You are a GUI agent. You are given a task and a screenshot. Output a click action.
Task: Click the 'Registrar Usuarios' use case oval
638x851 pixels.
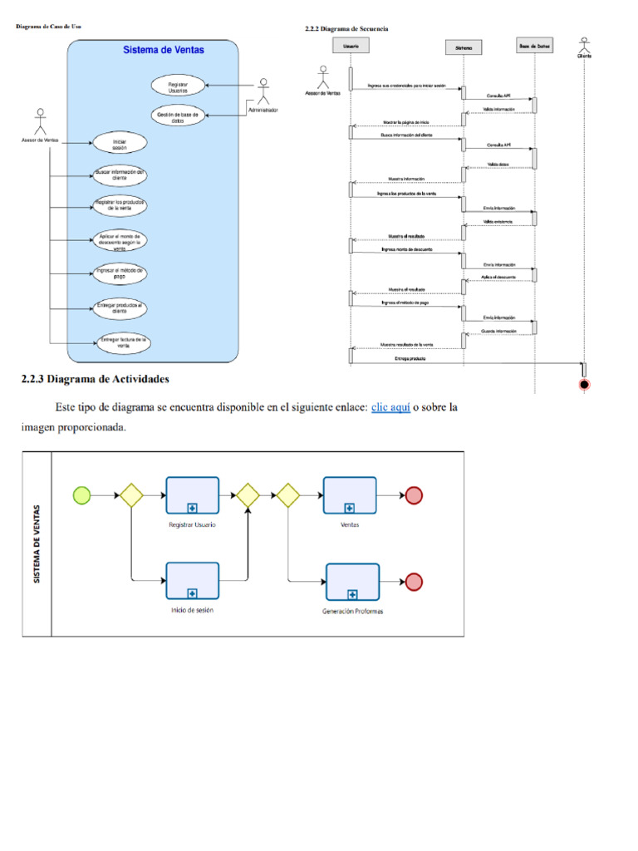tap(178, 86)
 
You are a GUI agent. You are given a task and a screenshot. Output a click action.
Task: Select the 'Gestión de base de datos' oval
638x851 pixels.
tap(178, 116)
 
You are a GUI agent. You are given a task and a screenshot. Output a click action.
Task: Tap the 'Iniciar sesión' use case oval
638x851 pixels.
tap(120, 144)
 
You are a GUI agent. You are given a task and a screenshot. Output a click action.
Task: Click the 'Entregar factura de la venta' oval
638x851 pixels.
tap(122, 342)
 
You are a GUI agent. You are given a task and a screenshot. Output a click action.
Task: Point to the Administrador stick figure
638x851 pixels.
tap(263, 91)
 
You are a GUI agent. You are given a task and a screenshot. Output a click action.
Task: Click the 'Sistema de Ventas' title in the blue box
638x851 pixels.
tap(164, 50)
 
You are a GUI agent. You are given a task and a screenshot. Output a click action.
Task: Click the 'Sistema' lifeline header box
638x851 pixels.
tap(464, 47)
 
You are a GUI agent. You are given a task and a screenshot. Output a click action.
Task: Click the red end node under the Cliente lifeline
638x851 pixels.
tap(585, 384)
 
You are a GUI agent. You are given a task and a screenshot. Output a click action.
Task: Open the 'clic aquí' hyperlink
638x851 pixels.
tap(390, 408)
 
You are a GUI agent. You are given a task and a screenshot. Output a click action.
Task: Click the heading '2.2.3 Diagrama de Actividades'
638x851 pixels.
tap(95, 380)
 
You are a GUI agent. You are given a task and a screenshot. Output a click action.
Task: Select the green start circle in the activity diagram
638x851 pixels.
tap(81, 495)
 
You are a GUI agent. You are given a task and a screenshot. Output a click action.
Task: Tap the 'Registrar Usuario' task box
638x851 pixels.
tap(192, 495)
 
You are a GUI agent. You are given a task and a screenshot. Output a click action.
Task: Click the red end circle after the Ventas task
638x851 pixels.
tap(413, 495)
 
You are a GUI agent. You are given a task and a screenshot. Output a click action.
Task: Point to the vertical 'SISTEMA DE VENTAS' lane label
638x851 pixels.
tap(37, 544)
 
